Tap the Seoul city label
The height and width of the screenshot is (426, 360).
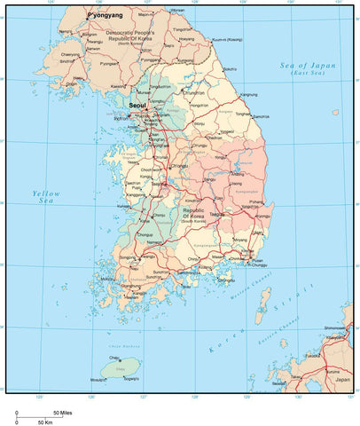coord(137,105)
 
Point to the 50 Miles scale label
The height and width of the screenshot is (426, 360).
coord(62,413)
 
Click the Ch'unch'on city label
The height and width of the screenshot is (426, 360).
coord(194,92)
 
